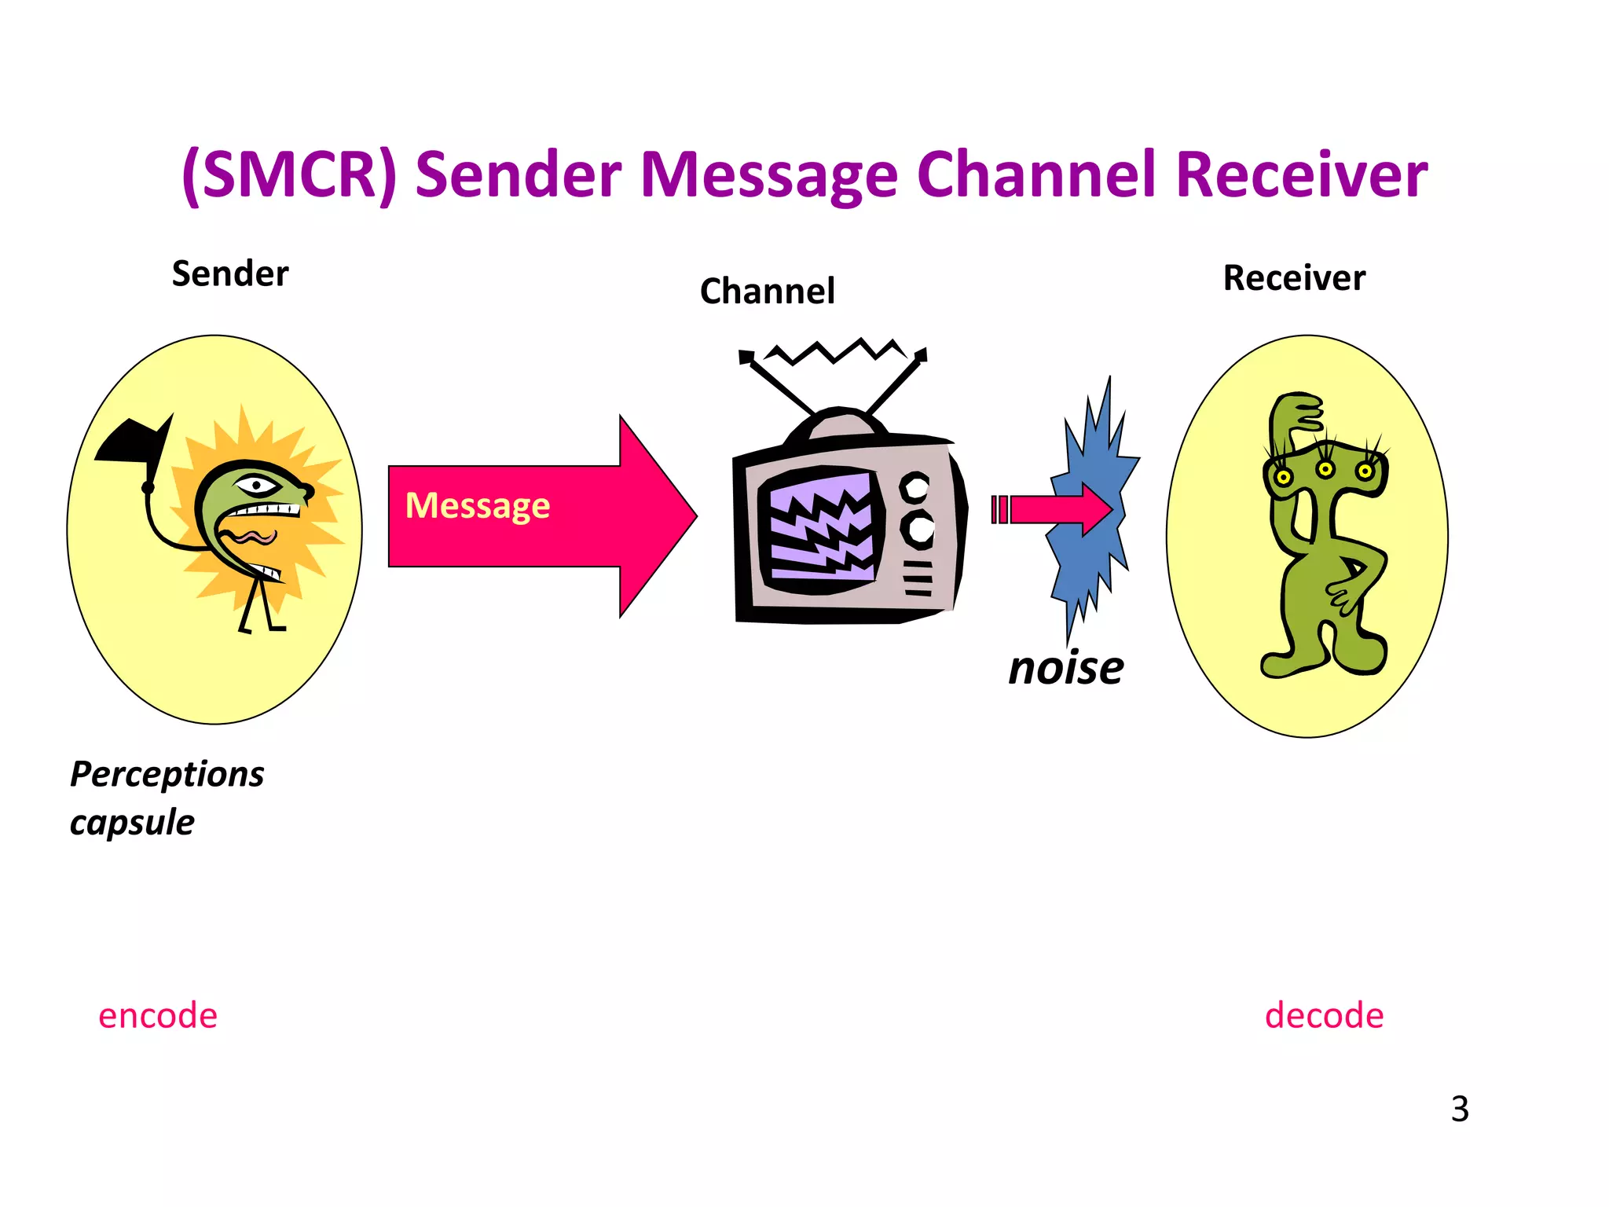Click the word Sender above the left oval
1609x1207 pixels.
pyautogui.click(x=230, y=274)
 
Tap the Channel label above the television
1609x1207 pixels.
pyautogui.click(x=767, y=292)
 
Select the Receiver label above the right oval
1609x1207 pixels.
pyautogui.click(x=1294, y=278)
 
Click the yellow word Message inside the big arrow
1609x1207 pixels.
pyautogui.click(x=477, y=505)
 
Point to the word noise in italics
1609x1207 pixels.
pyautogui.click(x=1066, y=668)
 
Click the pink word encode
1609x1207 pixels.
pyautogui.click(x=157, y=1015)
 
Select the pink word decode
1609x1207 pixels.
pyautogui.click(x=1324, y=1015)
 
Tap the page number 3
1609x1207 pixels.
pyautogui.click(x=1460, y=1109)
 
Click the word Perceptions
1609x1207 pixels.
pyautogui.click(x=167, y=775)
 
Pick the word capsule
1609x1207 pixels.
pyautogui.click(x=132, y=823)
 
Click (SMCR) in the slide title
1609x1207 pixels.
pyautogui.click(x=289, y=174)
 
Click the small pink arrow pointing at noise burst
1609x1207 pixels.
pyautogui.click(x=1057, y=509)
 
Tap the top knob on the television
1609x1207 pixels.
pyautogui.click(x=915, y=487)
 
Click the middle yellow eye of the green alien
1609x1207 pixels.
pyautogui.click(x=1325, y=469)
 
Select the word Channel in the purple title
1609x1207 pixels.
pyautogui.click(x=1037, y=174)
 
